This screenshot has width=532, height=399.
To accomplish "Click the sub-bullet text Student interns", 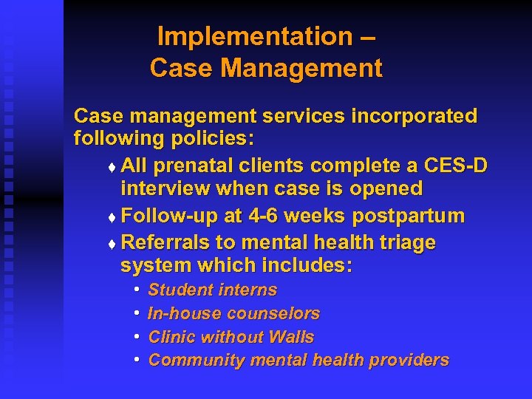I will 213,290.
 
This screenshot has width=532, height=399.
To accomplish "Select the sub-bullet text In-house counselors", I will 233,313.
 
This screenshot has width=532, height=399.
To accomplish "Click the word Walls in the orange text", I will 291,337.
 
